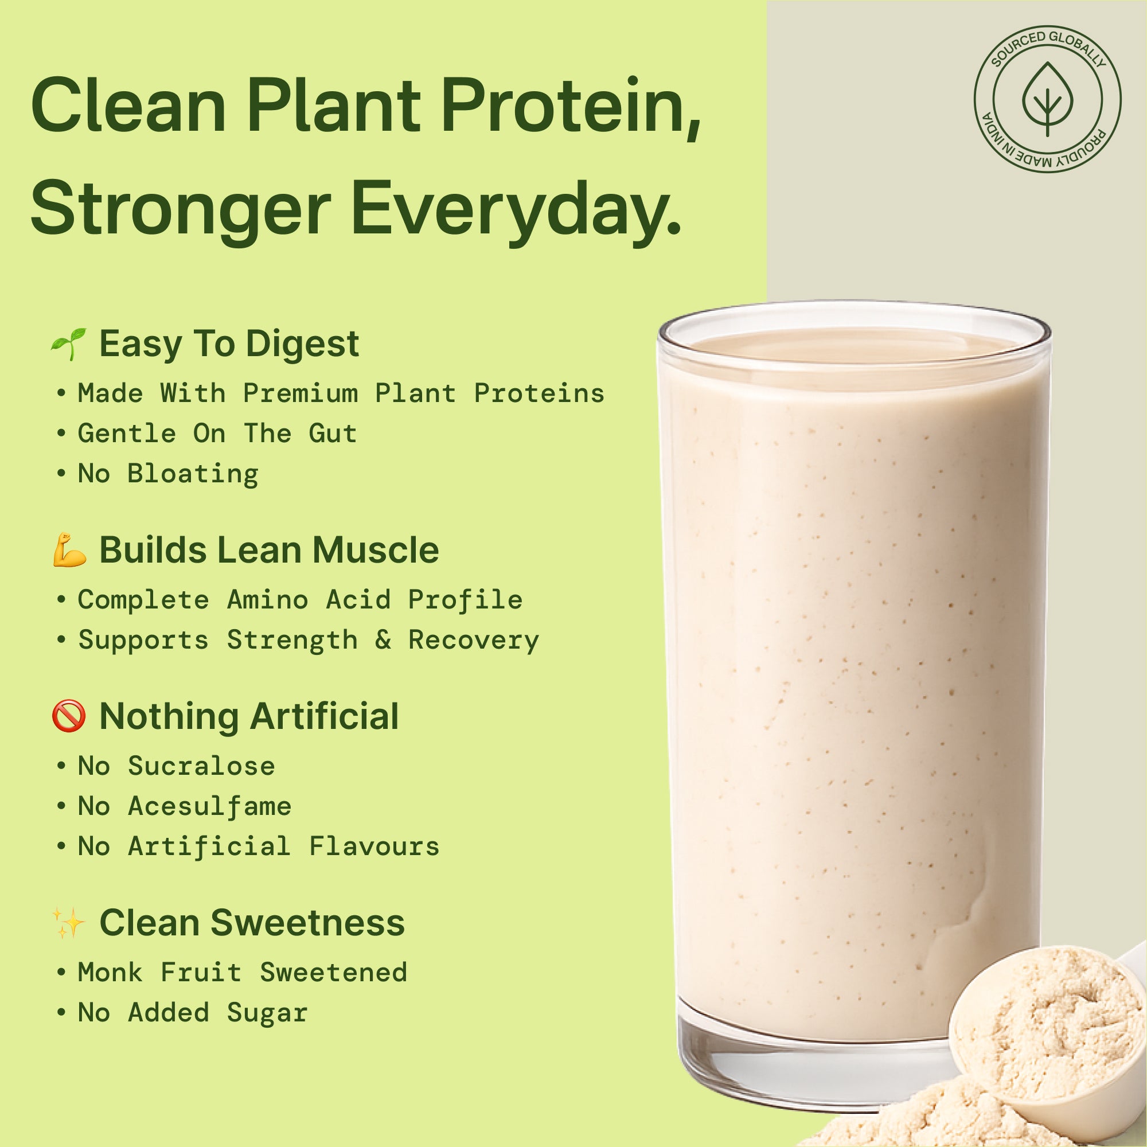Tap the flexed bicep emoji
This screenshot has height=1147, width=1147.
69,550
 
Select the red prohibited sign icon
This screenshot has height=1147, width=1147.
69,715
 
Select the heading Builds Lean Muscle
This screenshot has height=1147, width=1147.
269,550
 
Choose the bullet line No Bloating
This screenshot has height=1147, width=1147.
169,474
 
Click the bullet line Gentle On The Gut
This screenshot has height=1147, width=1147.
217,434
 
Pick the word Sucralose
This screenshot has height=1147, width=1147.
202,766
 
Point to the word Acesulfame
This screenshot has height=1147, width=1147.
210,806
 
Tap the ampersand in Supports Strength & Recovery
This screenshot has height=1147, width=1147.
383,640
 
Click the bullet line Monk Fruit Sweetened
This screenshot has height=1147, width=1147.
242,973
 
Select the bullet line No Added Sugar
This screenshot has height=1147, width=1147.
192,1013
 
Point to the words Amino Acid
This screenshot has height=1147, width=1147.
309,600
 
